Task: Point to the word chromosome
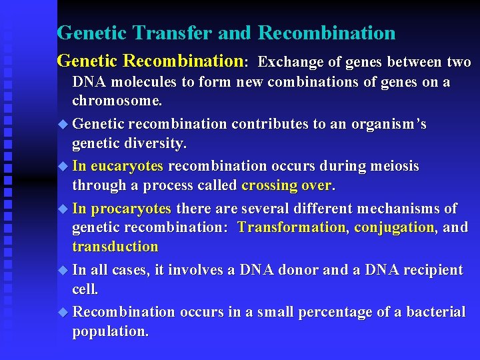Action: click(x=116, y=101)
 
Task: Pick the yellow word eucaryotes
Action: click(x=127, y=166)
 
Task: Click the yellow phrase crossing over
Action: click(x=286, y=185)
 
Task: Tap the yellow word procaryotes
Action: click(x=131, y=208)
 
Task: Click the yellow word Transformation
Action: click(x=291, y=227)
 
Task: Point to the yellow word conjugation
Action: click(x=394, y=227)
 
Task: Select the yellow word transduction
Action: click(x=115, y=247)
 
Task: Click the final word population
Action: click(x=110, y=331)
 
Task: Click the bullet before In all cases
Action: click(x=63, y=270)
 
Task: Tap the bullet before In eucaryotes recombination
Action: click(x=63, y=166)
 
